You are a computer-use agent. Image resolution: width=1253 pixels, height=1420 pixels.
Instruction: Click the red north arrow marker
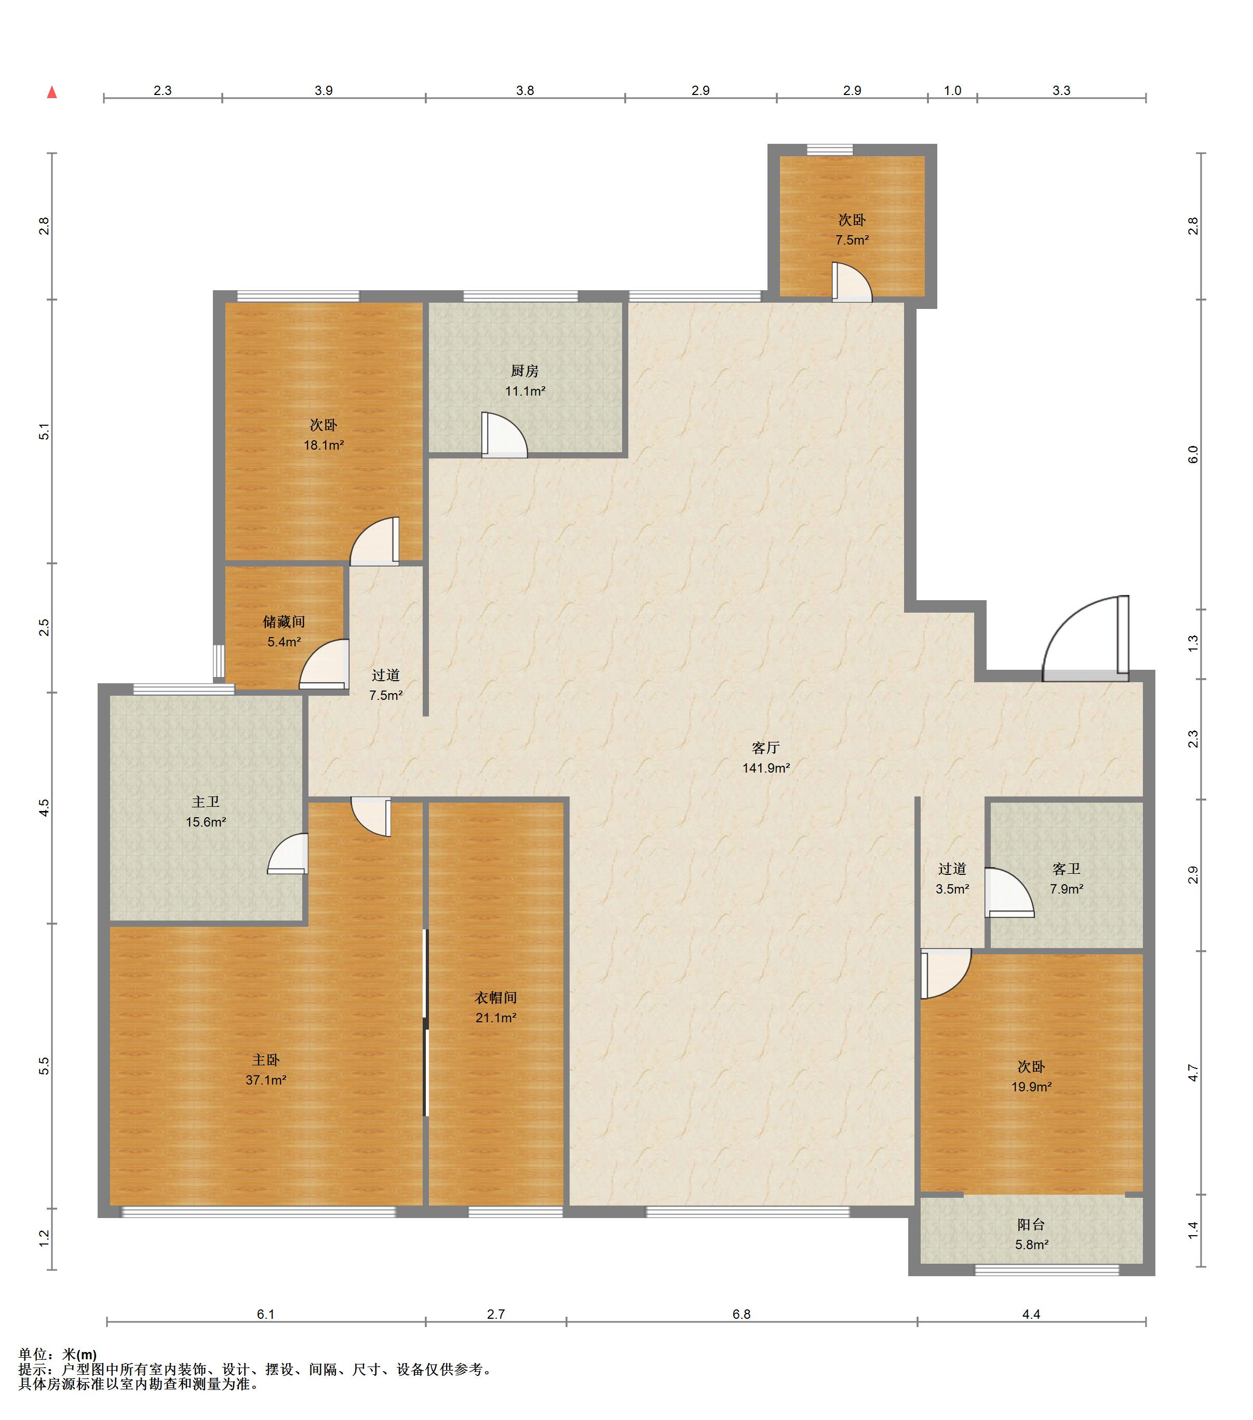pos(51,92)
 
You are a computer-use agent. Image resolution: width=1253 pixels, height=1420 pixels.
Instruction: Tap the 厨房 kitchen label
pos(524,371)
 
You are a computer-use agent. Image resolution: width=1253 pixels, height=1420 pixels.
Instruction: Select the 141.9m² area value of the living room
pos(766,768)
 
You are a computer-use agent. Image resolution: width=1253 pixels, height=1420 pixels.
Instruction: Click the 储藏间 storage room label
pos(284,622)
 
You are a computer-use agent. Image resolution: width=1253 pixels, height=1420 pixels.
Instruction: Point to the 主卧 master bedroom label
pos(265,1060)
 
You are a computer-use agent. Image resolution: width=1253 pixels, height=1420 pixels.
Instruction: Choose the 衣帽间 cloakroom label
pos(495,997)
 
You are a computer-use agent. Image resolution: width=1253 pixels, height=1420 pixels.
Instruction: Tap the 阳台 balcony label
pos(1031,1225)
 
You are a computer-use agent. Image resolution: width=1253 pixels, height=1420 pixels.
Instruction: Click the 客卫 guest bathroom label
pos(1066,869)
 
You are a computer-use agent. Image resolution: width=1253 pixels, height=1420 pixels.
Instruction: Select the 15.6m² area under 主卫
pos(206,822)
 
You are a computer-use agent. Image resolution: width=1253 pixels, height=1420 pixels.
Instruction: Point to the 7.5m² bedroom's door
pos(851,282)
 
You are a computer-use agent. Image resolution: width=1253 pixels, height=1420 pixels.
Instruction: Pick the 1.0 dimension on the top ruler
pos(952,90)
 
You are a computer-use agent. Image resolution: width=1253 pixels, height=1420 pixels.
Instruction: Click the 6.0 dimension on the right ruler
pos(1193,454)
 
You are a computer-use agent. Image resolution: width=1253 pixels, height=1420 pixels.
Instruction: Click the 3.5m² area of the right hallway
pos(952,888)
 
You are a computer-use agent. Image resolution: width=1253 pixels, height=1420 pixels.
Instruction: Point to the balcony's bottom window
pos(1047,1270)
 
